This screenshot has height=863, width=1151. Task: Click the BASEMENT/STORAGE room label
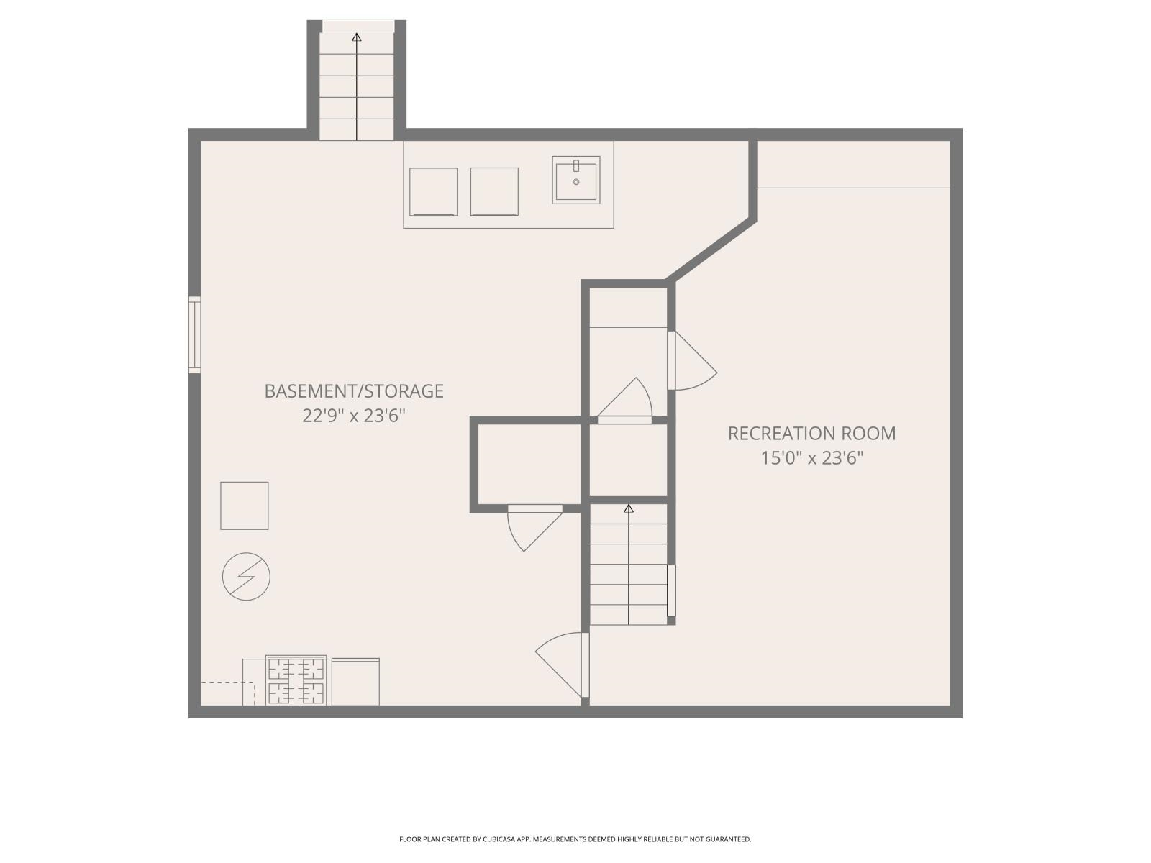[x=353, y=391]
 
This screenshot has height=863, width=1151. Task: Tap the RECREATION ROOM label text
[x=811, y=433]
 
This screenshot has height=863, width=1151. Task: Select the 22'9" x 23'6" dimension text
[x=353, y=416]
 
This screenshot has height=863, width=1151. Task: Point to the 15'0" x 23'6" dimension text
[x=811, y=458]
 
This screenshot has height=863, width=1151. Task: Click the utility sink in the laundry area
[x=575, y=180]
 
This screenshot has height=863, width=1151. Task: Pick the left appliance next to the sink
[x=433, y=191]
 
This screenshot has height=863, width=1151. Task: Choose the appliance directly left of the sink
[x=494, y=191]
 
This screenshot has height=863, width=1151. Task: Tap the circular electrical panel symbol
[x=246, y=577]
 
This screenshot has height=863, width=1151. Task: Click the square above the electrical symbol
[x=245, y=506]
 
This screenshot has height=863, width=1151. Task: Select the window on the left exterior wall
[x=194, y=334]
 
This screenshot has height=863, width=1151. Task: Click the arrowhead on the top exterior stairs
[x=357, y=37]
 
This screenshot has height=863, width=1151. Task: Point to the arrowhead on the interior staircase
[x=629, y=508]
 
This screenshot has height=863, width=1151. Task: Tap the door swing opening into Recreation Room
[x=692, y=361]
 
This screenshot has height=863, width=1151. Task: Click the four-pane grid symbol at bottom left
[x=296, y=680]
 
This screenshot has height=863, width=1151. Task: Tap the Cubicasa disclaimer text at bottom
[x=575, y=839]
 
